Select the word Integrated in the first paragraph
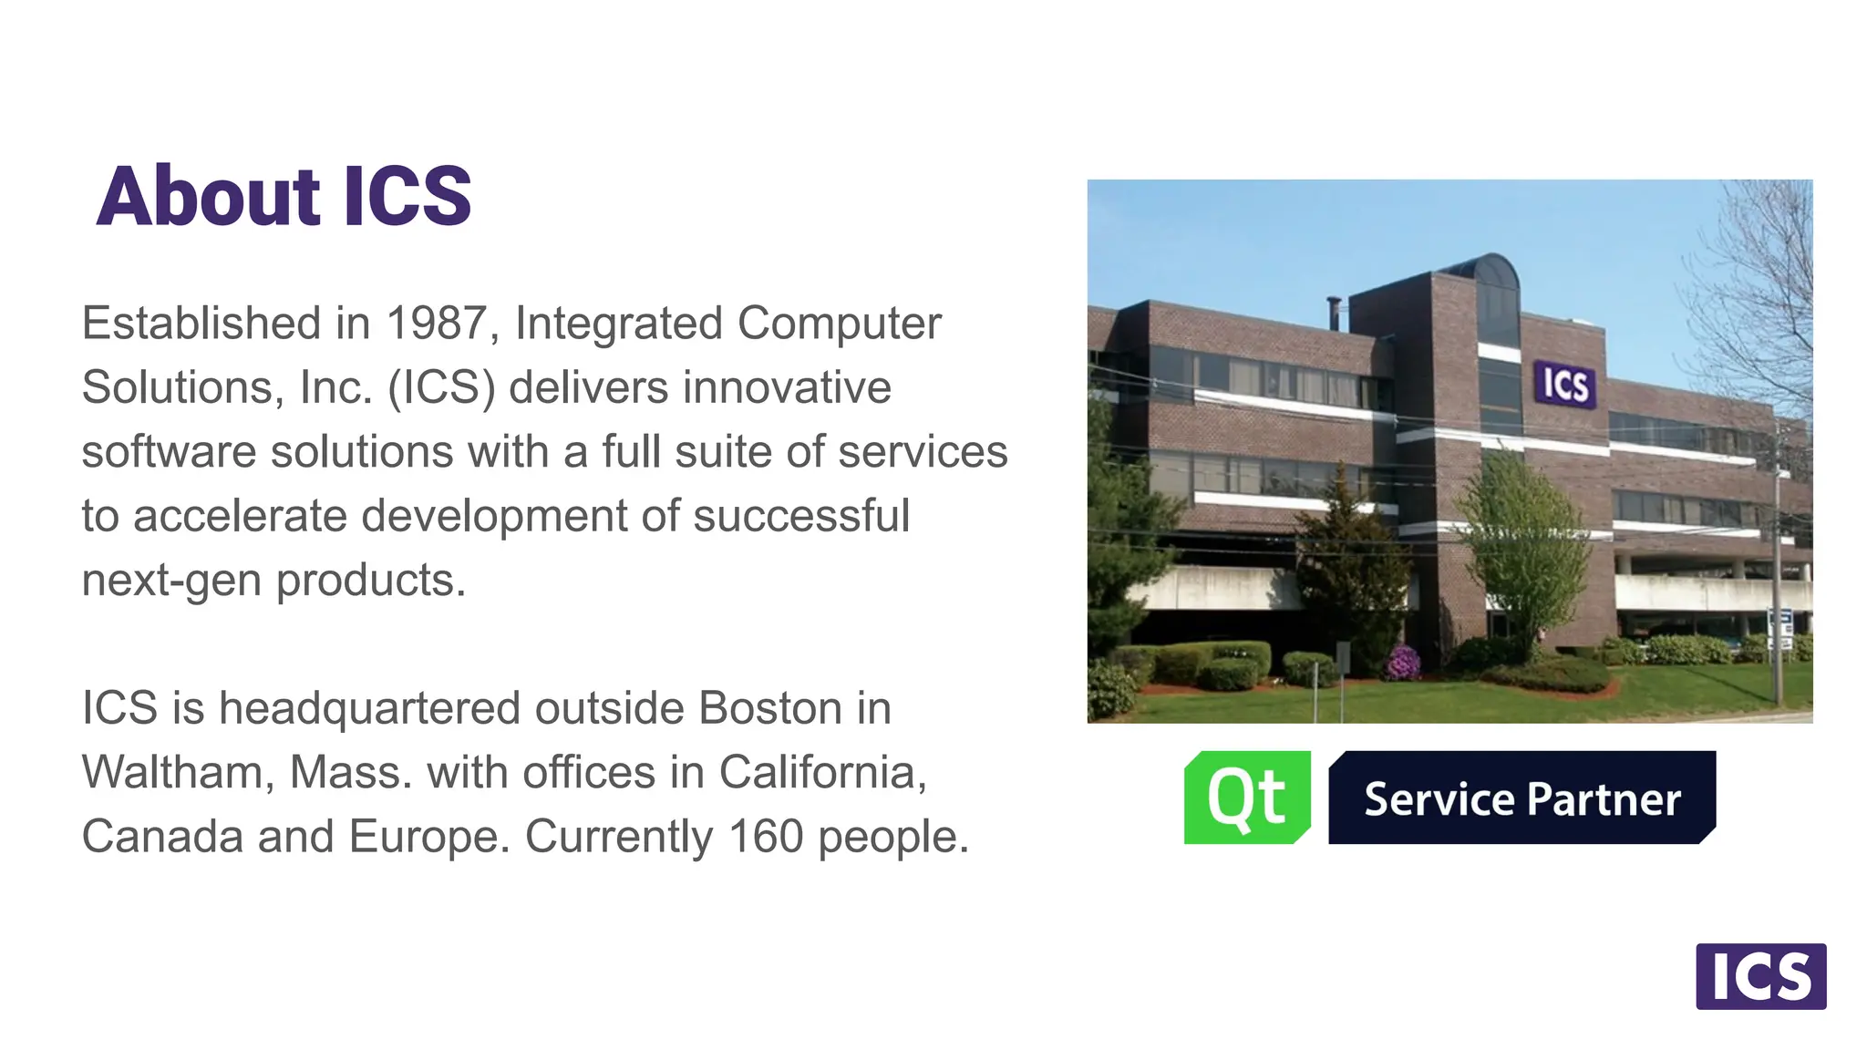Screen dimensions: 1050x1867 coord(619,324)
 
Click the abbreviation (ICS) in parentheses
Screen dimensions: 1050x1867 coord(441,387)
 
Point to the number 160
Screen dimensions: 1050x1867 coord(765,837)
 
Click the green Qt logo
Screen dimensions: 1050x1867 coord(1246,798)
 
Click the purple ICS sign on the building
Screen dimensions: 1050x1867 coord(1564,385)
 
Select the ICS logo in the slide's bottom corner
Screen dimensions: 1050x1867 coord(1760,976)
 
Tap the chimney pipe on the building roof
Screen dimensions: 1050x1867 coord(1334,313)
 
